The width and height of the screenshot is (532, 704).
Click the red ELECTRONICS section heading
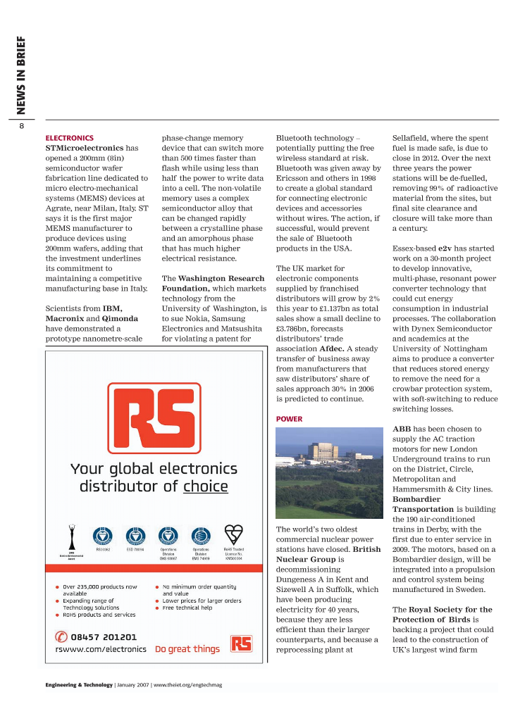click(x=69, y=138)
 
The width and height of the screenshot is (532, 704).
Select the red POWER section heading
click(x=289, y=419)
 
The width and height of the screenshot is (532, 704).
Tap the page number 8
click(x=22, y=126)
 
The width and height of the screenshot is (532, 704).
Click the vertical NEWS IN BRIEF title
click(x=21, y=75)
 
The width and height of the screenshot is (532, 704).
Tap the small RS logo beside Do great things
click(x=242, y=643)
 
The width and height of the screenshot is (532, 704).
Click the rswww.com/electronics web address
click(x=101, y=649)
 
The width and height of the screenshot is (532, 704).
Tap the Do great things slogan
click(x=187, y=649)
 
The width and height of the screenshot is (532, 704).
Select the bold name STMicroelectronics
click(x=84, y=149)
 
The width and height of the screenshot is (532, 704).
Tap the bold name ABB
click(x=402, y=429)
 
